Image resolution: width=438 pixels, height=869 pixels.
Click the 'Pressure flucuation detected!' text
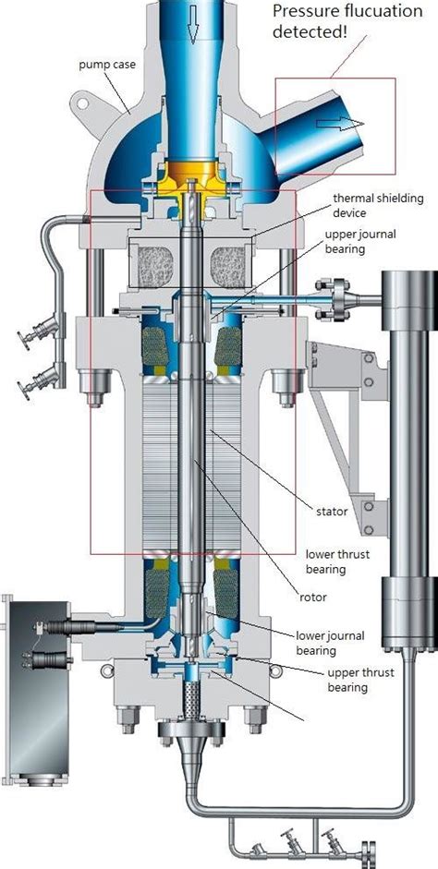point(347,21)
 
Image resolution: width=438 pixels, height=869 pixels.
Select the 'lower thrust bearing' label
point(337,561)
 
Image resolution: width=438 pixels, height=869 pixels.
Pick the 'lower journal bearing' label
point(331,643)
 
